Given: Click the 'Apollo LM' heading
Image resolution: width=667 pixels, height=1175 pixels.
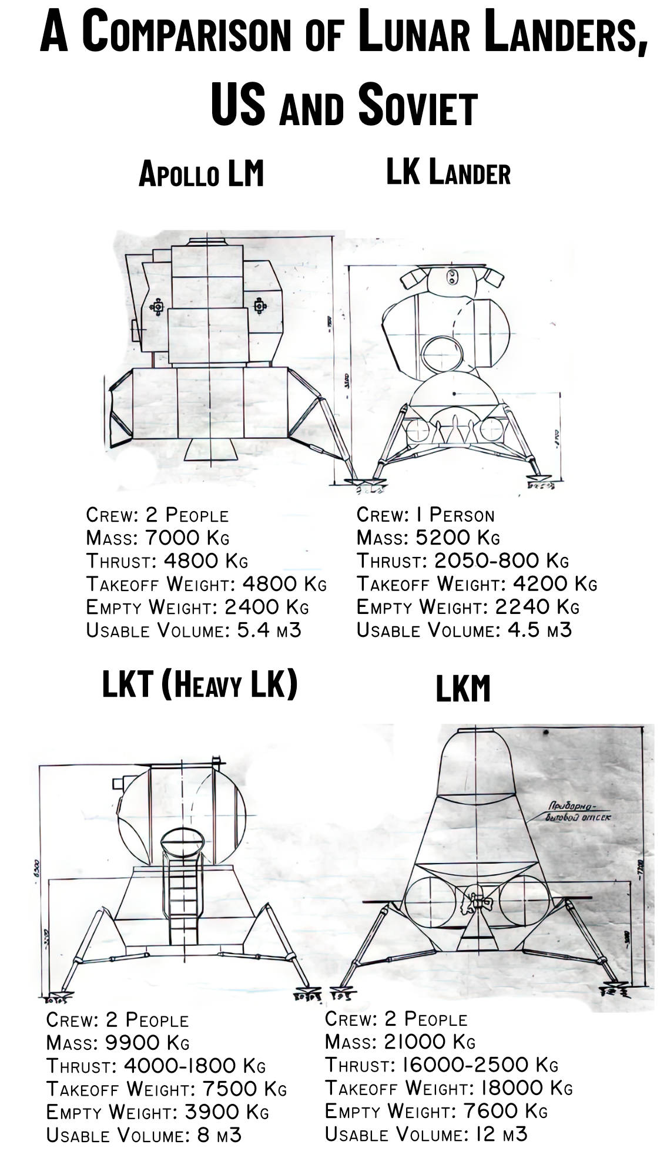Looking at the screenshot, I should (201, 174).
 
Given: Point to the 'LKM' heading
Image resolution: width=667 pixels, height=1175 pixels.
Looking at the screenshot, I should (462, 689).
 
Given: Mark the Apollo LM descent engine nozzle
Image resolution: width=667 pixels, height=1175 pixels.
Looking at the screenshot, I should (210, 449).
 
